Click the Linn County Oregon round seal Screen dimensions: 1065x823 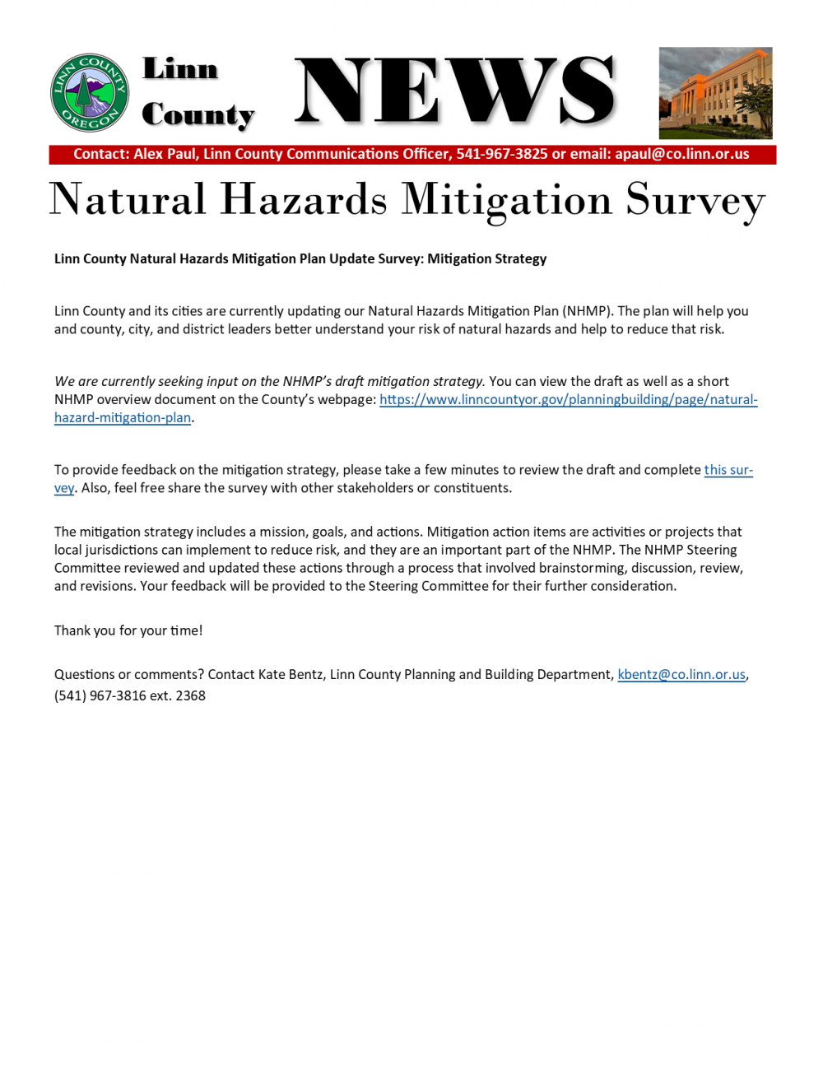[90, 93]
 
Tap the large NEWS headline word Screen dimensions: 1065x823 [454, 92]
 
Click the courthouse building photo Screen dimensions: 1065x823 [715, 93]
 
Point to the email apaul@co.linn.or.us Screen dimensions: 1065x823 [682, 154]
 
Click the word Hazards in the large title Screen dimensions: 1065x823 [304, 200]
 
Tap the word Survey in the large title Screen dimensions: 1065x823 [695, 200]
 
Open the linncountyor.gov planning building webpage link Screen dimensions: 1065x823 [568, 400]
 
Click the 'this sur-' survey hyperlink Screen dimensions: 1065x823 [728, 470]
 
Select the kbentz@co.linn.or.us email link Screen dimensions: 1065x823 [681, 675]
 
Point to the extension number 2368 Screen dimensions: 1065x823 [190, 696]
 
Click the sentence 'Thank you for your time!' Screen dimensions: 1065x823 [128, 630]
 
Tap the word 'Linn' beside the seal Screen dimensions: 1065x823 [180, 69]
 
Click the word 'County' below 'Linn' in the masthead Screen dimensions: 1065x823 [198, 115]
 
